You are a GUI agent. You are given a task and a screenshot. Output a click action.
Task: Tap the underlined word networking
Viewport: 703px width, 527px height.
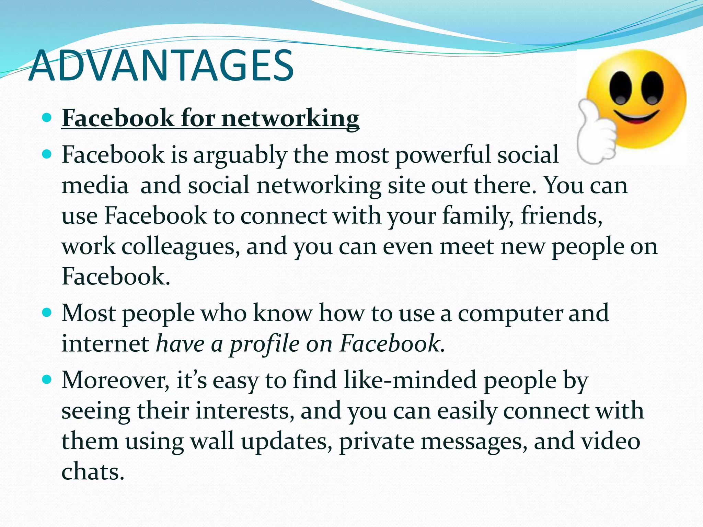tap(290, 118)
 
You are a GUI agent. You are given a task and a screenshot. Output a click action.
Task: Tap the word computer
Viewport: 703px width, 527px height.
tap(509, 314)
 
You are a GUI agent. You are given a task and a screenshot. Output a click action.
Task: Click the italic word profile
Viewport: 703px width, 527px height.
tap(264, 344)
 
